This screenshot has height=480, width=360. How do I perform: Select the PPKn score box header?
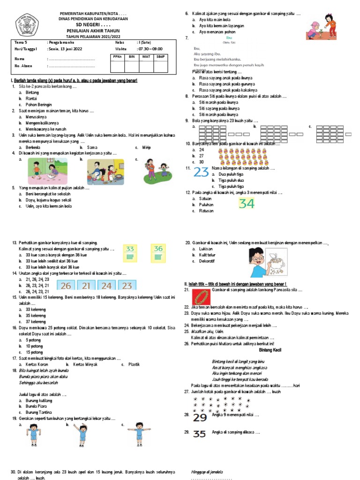(x=117, y=56)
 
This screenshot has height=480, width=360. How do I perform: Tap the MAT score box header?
(x=146, y=56)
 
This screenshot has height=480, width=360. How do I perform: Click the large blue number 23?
(x=201, y=172)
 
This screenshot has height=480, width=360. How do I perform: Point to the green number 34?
(x=247, y=203)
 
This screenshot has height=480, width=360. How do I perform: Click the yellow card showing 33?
(x=130, y=253)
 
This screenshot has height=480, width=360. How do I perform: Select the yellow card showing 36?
(x=158, y=253)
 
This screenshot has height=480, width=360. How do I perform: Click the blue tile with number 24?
(x=106, y=285)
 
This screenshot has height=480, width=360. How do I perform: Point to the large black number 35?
(x=200, y=434)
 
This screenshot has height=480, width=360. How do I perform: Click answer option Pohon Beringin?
(x=39, y=105)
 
